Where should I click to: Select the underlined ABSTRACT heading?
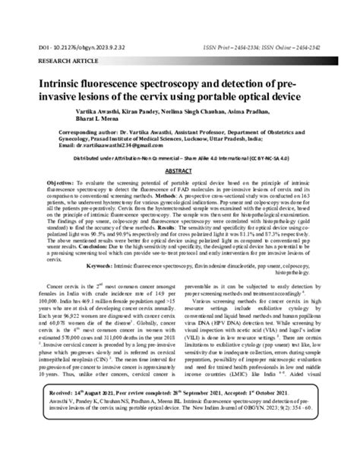click(180, 195)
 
